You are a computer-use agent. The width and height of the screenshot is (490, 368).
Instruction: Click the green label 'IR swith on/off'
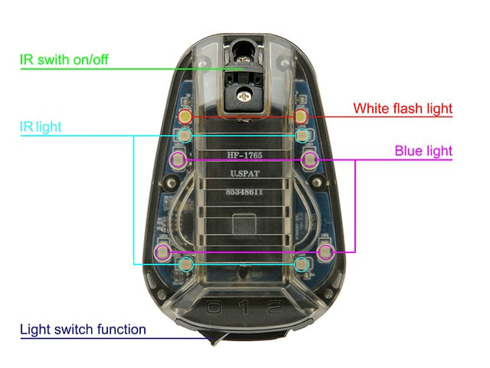click(x=64, y=59)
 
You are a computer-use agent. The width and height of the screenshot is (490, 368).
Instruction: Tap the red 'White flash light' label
click(x=403, y=109)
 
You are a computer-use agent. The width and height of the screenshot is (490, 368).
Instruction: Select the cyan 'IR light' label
click(x=41, y=127)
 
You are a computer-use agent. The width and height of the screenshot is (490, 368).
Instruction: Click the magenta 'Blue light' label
click(x=423, y=151)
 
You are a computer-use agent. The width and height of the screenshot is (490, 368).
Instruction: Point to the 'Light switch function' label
click(x=83, y=330)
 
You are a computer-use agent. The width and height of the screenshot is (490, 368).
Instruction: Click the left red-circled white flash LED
click(x=185, y=117)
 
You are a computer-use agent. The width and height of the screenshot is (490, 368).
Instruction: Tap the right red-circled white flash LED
click(x=301, y=117)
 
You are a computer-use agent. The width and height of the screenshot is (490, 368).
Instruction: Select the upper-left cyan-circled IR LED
click(x=185, y=136)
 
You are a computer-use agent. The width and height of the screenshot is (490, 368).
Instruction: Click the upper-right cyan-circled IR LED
click(x=302, y=136)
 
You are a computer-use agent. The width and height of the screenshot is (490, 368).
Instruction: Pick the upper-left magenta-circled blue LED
click(x=178, y=159)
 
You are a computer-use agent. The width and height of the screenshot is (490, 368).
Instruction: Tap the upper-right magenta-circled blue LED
click(x=309, y=159)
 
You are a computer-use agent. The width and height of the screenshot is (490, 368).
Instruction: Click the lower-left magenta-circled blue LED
click(x=162, y=251)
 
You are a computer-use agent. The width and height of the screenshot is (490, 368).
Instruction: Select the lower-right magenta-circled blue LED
click(x=325, y=251)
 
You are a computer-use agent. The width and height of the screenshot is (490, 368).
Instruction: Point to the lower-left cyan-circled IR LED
click(x=186, y=264)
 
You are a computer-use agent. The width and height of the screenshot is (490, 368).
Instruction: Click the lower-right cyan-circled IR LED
click(x=301, y=264)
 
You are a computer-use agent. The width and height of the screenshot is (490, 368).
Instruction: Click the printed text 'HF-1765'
click(x=245, y=155)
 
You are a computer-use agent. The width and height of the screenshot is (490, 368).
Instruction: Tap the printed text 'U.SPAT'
click(x=245, y=173)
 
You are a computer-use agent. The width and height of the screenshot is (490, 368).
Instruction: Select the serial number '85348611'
click(x=244, y=192)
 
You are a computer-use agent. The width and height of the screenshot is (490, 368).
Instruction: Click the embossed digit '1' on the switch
click(x=245, y=307)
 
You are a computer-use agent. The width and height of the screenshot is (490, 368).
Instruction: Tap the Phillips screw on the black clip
click(x=244, y=96)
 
